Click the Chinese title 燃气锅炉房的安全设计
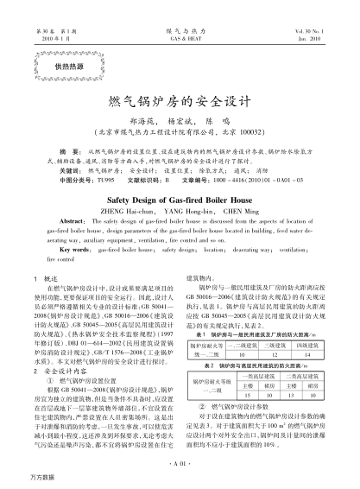tap(180, 102)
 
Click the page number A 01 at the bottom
tap(180, 464)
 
